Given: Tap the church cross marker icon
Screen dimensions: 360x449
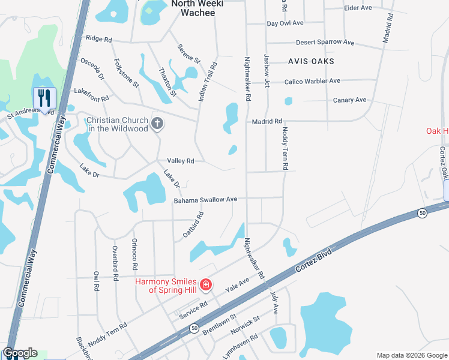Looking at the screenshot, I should pos(157,124).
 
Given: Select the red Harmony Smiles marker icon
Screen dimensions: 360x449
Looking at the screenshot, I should pos(206,284).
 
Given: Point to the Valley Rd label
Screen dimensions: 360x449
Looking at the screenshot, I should pos(180,161).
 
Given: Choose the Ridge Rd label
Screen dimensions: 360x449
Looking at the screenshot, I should pos(99,39).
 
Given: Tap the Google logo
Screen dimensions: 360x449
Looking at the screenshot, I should pos(19,353).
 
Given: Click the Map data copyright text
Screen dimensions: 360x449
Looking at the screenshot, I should pos(411,355).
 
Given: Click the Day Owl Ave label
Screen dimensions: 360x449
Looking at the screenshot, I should pos(286,23).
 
